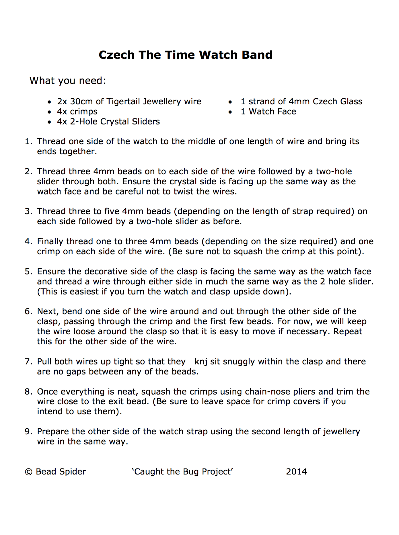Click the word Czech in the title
point(116,55)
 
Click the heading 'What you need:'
point(68,81)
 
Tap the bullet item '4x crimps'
point(77,112)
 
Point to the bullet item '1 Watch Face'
point(268,112)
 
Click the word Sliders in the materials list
point(146,122)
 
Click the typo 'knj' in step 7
point(201,362)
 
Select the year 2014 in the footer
point(296,472)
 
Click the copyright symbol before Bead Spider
point(29,472)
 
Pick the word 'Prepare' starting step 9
point(53,431)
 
